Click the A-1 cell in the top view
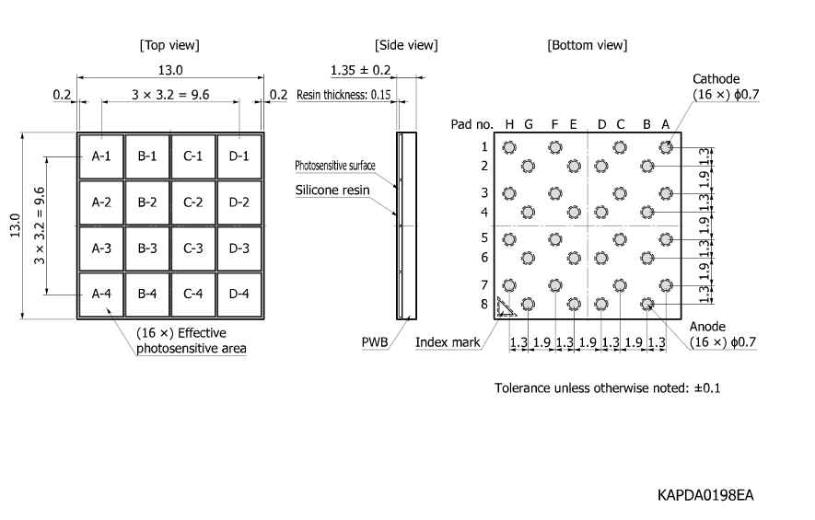pos(100,156)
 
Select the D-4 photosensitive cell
pos(239,295)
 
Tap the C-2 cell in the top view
pos(192,202)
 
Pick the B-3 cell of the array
pos(146,248)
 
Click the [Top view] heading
pos(169,45)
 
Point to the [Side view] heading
pos(406,45)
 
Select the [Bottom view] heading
pos(587,45)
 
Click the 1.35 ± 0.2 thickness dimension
pos(362,70)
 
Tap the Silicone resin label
pos(332,191)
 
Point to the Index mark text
pos(448,342)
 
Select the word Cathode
pos(716,79)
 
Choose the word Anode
pos(707,327)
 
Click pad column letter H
pos(509,124)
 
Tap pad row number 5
pos(484,237)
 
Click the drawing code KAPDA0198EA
pos(705,495)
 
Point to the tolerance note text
pos(607,387)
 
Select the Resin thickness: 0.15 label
pos(343,95)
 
